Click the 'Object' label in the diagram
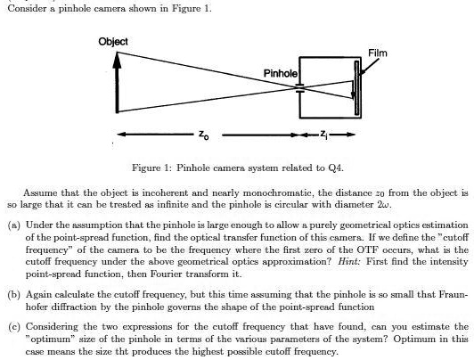(113, 41)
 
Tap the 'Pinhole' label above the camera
(280, 71)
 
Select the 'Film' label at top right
(377, 53)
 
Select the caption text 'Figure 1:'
(150, 167)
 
